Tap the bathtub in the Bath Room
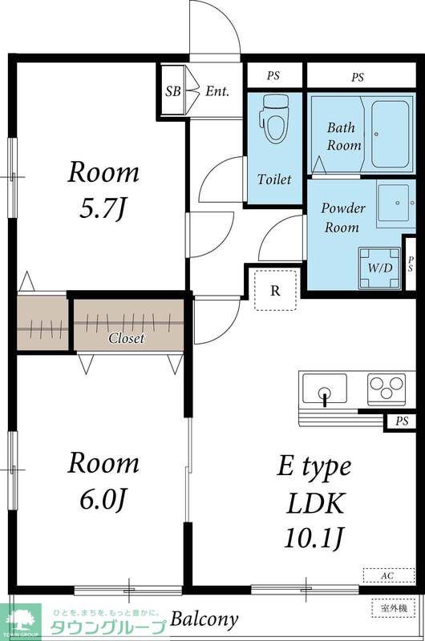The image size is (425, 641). [391, 133]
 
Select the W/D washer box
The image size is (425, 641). [379, 268]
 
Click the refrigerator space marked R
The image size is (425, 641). [275, 290]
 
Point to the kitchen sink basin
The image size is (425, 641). [325, 389]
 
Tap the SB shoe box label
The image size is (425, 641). [173, 91]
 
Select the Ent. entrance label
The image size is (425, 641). [217, 91]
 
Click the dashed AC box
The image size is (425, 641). [389, 575]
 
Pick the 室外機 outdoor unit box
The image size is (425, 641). [393, 608]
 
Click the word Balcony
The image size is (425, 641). [204, 619]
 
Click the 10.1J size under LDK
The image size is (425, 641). [314, 538]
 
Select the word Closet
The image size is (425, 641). [127, 338]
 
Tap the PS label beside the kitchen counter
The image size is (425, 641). [402, 421]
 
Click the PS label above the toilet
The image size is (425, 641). [273, 75]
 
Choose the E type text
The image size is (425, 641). [314, 466]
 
